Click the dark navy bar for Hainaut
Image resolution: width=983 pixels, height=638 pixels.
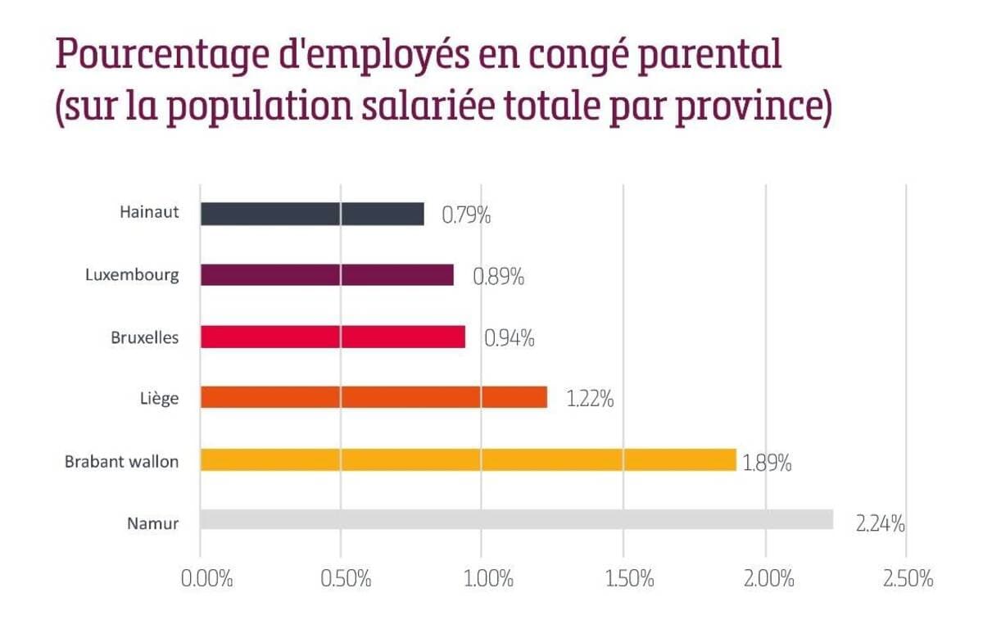[x=312, y=214]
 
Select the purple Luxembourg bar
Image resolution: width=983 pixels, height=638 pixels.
[x=327, y=275]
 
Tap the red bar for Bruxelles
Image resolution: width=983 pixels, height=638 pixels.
[x=333, y=337]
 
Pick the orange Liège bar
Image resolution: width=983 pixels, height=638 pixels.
[x=374, y=397]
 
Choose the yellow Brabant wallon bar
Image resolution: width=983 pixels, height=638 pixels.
[x=468, y=459]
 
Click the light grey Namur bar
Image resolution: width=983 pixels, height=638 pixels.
[x=516, y=520]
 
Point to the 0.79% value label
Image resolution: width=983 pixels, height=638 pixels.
[x=466, y=216]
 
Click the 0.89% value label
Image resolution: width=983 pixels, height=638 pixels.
[x=499, y=278]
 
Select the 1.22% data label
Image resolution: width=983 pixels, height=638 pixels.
[x=590, y=400]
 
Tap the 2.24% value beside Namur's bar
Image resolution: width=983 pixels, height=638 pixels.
[x=881, y=524]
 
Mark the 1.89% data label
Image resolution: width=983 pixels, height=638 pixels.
[x=767, y=463]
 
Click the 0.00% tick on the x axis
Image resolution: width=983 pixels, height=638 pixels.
[x=206, y=578]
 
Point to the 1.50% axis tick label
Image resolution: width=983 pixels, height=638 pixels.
[x=629, y=578]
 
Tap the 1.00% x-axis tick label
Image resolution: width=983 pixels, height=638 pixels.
[x=488, y=578]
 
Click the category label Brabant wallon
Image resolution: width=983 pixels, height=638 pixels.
[x=121, y=461]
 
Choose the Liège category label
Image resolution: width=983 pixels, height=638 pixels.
[x=159, y=399]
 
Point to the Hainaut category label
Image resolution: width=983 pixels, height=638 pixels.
[x=148, y=214]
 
